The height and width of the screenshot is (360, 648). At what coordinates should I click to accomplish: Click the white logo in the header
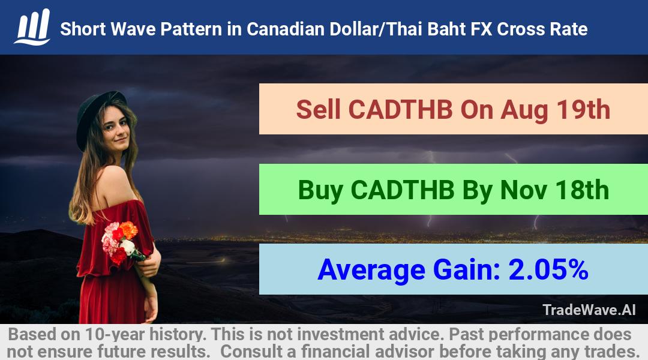pos(32,27)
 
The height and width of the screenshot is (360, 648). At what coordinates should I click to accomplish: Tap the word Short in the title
pos(83,29)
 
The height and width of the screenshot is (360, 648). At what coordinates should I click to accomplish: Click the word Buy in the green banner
pos(320,190)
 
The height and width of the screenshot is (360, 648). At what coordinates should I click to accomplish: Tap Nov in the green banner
pos(524,190)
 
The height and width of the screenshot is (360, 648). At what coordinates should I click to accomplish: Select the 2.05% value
pos(548,269)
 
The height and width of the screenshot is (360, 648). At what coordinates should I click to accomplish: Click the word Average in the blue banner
pos(371,270)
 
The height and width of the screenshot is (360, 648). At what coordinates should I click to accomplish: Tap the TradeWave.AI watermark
pos(589,310)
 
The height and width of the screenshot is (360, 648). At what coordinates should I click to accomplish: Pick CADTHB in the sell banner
pos(400,110)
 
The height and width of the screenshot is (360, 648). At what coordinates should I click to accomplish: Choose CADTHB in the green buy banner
pos(403,190)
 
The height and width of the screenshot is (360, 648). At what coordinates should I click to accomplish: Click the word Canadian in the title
pos(286,29)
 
